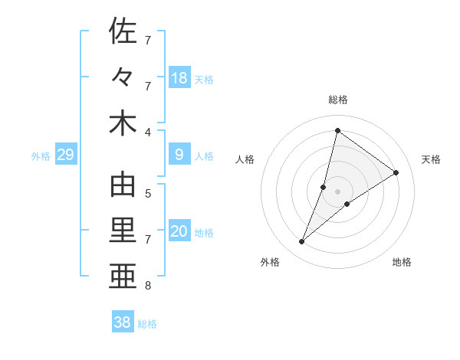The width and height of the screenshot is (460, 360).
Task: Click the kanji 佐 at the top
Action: tap(123, 31)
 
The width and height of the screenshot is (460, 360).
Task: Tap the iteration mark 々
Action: tap(123, 77)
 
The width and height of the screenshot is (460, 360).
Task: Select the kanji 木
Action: tap(123, 123)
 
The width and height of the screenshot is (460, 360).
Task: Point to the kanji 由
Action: tap(123, 186)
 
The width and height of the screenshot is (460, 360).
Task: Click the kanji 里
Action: tap(123, 232)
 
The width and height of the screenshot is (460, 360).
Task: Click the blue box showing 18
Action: tap(179, 78)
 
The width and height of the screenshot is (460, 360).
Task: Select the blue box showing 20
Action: tap(179, 232)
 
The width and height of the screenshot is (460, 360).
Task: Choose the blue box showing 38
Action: tap(123, 322)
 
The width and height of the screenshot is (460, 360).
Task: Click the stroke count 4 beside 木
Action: tap(149, 132)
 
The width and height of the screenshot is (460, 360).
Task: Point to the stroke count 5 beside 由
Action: tap(149, 193)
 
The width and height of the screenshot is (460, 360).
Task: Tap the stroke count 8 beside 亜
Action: tap(149, 286)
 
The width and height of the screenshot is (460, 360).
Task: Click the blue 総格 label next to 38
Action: tap(147, 324)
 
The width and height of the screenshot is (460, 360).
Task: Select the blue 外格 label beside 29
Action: tap(41, 156)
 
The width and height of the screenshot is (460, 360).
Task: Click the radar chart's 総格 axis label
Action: tap(337, 100)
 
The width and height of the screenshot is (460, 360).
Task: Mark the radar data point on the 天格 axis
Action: tap(396, 173)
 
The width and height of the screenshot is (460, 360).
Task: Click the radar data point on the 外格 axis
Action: tap(302, 242)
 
